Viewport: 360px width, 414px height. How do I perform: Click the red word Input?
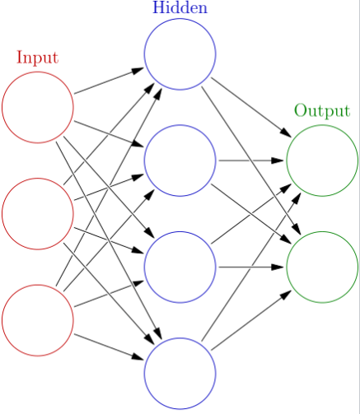tap(37, 58)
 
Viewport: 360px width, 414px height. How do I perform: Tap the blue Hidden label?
tap(180, 8)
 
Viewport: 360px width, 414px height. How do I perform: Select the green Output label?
tap(322, 111)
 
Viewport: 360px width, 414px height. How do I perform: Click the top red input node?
tap(37, 107)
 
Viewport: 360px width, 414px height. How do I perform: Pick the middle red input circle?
tap(37, 213)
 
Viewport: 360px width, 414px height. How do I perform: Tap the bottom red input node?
tap(37, 319)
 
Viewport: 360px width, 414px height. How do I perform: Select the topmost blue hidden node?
tap(180, 53)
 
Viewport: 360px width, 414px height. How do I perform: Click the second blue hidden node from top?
tap(180, 160)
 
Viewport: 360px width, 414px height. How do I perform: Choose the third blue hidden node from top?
tap(180, 267)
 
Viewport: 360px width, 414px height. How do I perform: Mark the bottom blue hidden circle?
tap(180, 373)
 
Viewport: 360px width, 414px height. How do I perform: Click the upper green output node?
tap(322, 160)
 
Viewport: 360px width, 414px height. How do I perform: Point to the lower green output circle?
tap(322, 267)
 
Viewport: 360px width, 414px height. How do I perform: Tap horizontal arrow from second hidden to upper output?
tap(251, 160)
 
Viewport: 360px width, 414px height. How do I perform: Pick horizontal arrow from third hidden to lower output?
tap(251, 267)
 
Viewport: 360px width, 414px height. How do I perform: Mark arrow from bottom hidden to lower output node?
tap(251, 320)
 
